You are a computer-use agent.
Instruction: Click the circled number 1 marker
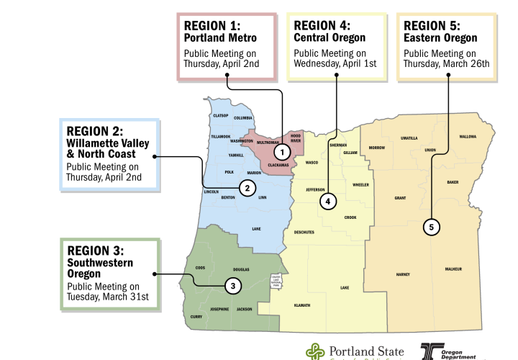click(x=283, y=152)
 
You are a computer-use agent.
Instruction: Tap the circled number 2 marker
click(x=247, y=189)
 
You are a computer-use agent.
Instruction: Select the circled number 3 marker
click(x=232, y=286)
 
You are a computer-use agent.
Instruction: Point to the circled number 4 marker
click(x=327, y=202)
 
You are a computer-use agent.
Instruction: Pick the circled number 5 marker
click(x=431, y=228)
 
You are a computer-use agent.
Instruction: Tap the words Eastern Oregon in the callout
click(x=440, y=37)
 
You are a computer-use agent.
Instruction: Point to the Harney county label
click(x=403, y=274)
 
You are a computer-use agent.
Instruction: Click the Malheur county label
click(x=453, y=269)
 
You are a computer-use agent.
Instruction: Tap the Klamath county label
click(x=302, y=305)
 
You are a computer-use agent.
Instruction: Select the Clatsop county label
click(x=220, y=115)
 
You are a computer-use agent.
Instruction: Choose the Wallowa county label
click(x=468, y=136)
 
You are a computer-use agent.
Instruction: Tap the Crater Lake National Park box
click(x=275, y=281)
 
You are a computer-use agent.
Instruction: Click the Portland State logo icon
click(x=314, y=351)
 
